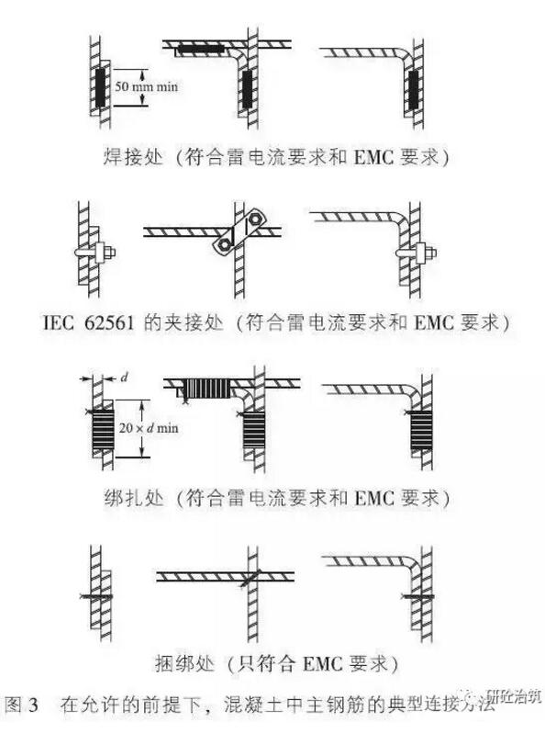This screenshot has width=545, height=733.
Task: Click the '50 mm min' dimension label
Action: [x=146, y=86]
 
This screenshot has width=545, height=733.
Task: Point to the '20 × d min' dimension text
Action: [x=149, y=428]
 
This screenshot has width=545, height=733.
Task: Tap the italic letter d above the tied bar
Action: [x=124, y=377]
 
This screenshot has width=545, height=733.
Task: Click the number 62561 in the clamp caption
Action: [x=109, y=323]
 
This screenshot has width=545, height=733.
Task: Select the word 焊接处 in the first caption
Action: [x=133, y=156]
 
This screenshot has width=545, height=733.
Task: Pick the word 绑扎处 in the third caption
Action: [x=134, y=499]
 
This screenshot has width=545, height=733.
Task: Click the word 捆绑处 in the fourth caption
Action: [x=185, y=663]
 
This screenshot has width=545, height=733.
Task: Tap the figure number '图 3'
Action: [x=21, y=705]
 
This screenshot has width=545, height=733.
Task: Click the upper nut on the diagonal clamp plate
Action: [x=254, y=218]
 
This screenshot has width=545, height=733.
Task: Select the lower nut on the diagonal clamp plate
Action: [x=224, y=243]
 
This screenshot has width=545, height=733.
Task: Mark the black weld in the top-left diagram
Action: [x=100, y=88]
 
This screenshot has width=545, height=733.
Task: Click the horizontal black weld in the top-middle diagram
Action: [x=200, y=48]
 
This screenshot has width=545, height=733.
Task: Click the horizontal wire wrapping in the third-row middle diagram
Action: [x=206, y=389]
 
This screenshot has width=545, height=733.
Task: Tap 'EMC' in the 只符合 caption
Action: [x=323, y=664]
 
